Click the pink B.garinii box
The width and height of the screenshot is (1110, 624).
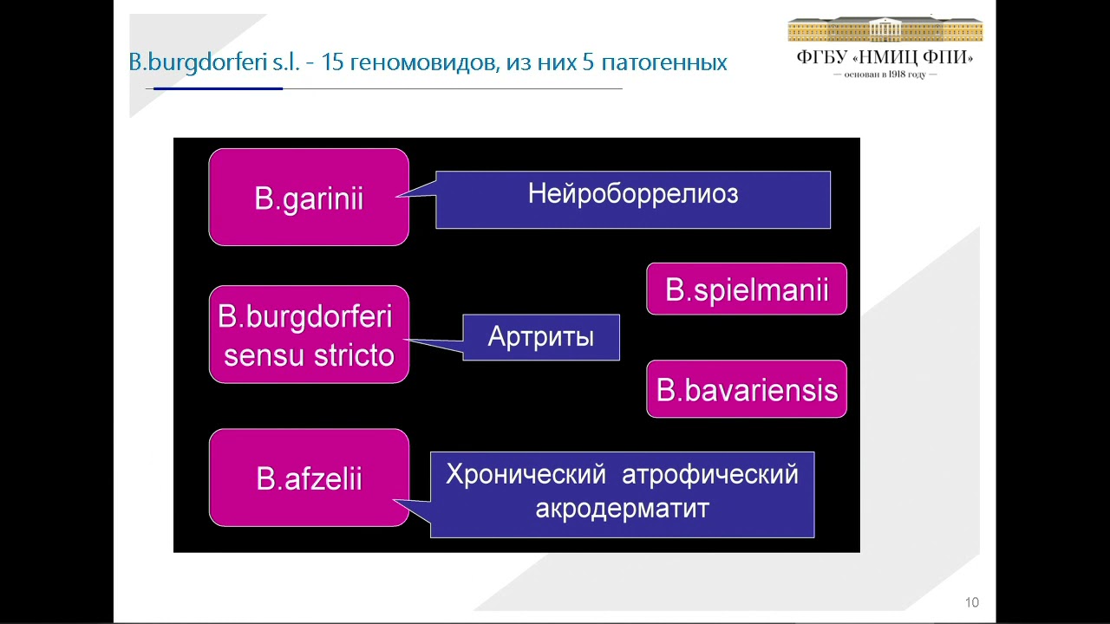[309, 198]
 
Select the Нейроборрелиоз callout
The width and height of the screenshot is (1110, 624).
[633, 199]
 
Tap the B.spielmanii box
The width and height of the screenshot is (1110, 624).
[747, 289]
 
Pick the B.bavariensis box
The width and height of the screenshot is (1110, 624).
[747, 390]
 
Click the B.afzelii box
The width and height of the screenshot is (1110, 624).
[309, 478]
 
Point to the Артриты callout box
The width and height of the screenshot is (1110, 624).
[541, 336]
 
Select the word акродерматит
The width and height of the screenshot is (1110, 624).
[622, 508]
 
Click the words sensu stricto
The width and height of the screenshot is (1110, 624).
[309, 355]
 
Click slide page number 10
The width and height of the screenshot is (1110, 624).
[971, 602]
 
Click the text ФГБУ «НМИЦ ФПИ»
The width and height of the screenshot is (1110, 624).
[885, 58]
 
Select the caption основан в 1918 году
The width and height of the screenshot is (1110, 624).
[885, 75]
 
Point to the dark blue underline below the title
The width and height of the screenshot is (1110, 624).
[218, 88]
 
